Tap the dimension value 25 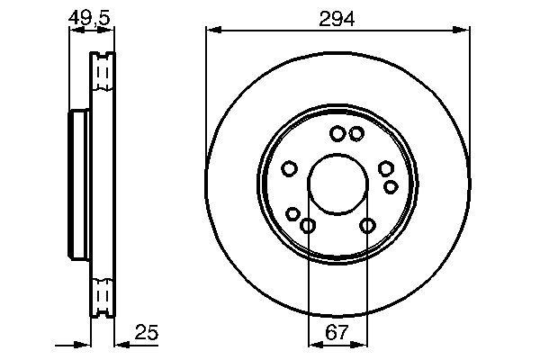coord(148,333)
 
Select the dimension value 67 coord(337,333)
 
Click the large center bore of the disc coord(337,185)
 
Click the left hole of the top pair coord(337,134)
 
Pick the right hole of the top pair coord(356,134)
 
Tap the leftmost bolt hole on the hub coord(290,168)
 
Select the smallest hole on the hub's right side coord(391,186)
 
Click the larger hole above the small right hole coord(386,168)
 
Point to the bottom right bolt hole coord(367,225)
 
